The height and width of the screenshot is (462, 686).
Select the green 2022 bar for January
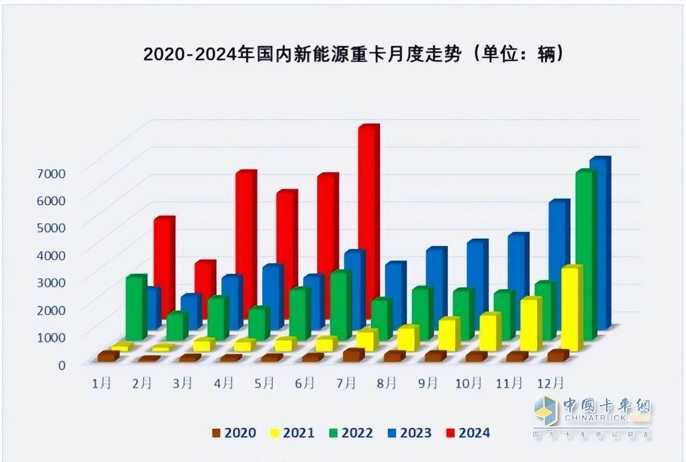135,307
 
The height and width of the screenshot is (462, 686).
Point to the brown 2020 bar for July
353,355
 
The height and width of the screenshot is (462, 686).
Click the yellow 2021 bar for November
530,324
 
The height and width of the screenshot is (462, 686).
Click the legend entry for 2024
468,433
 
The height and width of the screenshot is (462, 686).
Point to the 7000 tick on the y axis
52,173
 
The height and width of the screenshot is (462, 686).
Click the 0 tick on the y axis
61,365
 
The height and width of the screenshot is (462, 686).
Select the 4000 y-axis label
52,255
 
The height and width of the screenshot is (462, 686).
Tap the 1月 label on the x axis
102,383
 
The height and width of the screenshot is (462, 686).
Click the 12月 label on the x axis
551,383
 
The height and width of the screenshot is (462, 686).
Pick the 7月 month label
346,383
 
